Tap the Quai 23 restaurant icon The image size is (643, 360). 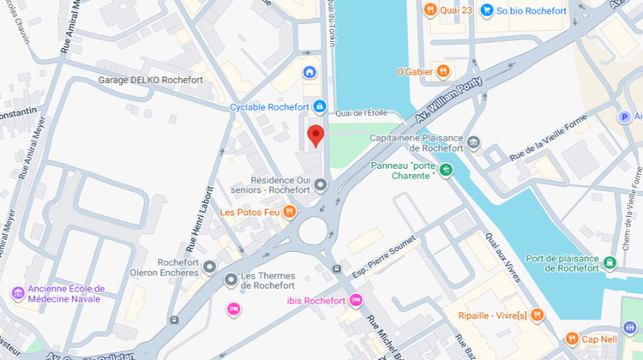pos(431,10)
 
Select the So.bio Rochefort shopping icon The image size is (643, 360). pos(487,10)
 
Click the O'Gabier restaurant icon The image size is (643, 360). pos(443,71)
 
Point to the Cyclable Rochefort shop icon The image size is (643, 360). pos(319,106)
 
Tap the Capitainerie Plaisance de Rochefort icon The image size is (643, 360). pos(473,143)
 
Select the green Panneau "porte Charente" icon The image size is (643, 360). pos(445,170)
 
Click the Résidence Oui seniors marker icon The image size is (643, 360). pos(321,184)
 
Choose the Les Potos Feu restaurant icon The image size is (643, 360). pos(290,212)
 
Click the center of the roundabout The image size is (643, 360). pos(313,230)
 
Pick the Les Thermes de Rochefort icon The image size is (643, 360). pos(230,279)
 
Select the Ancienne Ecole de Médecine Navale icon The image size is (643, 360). pos(17,294)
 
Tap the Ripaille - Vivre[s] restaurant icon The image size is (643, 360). pos(537,315)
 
